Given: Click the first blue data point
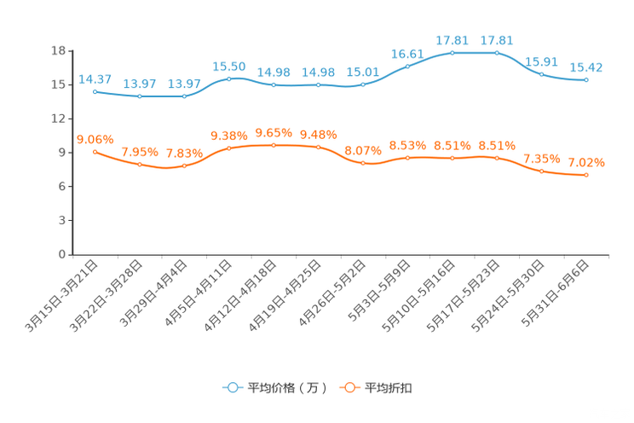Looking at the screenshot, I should point(95,90).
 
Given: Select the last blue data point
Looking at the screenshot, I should point(586,80).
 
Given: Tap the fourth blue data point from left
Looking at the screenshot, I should point(228,78).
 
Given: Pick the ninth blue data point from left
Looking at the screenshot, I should point(452,53).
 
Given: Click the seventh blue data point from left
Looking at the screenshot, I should point(363,84).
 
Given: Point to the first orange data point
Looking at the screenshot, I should point(95,151).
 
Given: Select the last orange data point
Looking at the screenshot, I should point(586,175).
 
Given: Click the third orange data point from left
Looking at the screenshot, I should point(184,165).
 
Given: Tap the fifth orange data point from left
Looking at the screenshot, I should point(274,146).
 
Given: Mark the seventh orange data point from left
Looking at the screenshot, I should point(363,163).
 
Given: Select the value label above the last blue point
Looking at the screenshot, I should point(586,67).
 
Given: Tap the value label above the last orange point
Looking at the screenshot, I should point(586,162).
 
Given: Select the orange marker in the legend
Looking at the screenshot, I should point(349,388).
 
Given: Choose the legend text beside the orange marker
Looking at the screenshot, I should point(389,388).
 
